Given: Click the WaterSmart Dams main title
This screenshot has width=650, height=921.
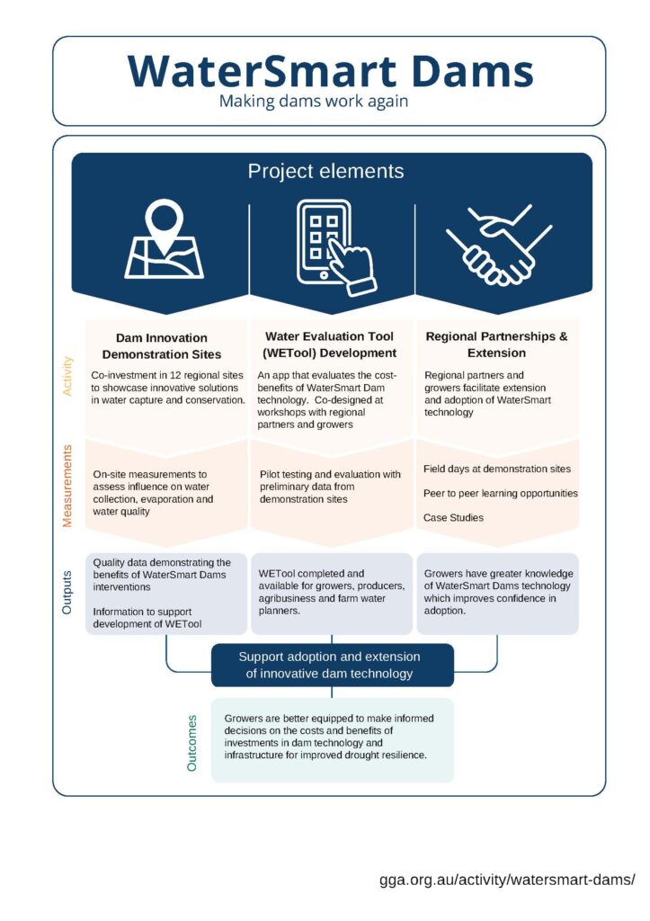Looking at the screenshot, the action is tap(330, 71).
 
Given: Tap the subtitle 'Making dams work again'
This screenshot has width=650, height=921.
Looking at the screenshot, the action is tap(314, 101).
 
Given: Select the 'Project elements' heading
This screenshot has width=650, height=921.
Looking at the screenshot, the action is tap(325, 171).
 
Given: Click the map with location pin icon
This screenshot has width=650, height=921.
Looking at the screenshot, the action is tap(164, 239).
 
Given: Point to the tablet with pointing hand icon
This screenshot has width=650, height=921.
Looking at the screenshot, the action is tap(335, 247).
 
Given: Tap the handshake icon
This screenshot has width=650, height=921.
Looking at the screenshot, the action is tap(499, 245).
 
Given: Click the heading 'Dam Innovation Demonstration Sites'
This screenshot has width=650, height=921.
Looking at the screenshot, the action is tap(162, 346).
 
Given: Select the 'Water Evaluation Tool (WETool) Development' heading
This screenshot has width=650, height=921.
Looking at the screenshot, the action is tap(329, 344).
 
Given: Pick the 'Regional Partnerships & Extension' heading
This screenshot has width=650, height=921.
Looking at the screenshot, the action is tap(497, 344).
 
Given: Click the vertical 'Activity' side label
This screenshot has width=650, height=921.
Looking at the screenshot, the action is tap(67, 376).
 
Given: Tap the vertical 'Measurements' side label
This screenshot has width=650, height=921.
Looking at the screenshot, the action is tap(67, 486).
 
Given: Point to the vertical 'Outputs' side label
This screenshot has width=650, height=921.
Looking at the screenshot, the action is tap(67, 592).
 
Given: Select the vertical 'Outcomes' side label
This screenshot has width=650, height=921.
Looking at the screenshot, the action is tap(191, 743).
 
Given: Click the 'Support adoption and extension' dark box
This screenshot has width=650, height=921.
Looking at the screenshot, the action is tap(333, 666).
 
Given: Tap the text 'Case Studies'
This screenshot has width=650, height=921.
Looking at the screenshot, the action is tap(453, 517).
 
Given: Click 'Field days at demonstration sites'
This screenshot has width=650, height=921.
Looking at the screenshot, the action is tap(497, 469).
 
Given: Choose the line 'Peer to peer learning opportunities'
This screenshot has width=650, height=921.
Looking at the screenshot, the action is tap(500, 494).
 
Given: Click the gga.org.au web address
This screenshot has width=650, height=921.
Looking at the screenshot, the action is tap(507, 880).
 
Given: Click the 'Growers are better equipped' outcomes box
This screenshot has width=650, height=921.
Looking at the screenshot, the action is tap(333, 740).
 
